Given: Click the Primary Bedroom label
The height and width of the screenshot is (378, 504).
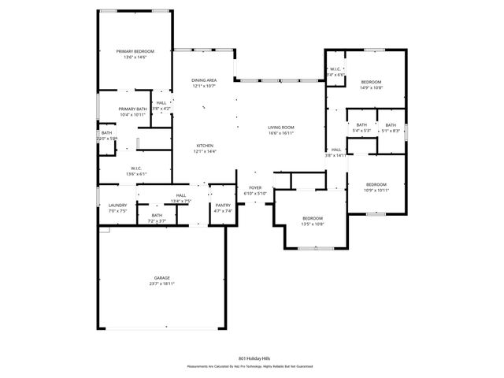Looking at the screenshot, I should click(135, 51).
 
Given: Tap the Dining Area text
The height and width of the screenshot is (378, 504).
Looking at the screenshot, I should click(205, 80).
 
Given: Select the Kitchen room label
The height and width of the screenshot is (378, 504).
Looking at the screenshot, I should click(205, 145).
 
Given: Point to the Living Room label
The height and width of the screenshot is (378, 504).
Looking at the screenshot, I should click(281, 128).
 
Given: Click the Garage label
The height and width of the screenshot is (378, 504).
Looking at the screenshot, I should click(162, 278).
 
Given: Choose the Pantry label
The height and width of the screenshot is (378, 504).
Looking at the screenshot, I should click(224, 206).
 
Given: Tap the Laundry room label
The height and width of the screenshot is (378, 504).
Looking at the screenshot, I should click(117, 206).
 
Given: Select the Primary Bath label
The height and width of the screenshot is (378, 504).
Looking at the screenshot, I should click(132, 109).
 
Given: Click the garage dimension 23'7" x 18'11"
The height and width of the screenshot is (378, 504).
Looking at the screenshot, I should click(162, 283).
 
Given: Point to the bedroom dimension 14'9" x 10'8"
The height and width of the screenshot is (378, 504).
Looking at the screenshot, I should click(372, 88).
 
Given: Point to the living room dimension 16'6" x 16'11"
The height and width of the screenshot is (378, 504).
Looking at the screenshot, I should click(281, 133).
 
